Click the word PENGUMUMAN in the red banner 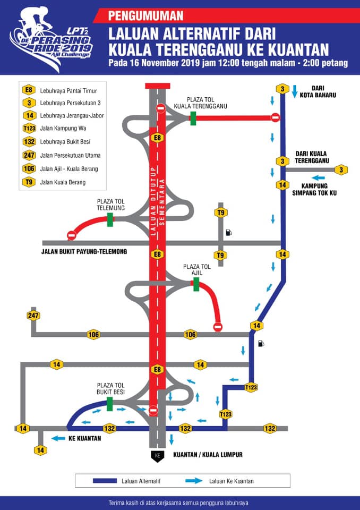145,15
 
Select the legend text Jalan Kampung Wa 63,129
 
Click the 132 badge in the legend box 29,142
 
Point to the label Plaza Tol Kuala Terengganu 200,103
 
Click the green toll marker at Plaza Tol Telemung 110,219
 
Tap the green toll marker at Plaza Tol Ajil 196,284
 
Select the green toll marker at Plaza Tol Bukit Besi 109,404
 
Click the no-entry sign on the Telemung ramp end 71,235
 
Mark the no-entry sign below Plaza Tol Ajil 218,327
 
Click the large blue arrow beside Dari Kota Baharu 295,91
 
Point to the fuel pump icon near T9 229,232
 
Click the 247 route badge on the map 33,316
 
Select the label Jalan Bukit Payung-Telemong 84,251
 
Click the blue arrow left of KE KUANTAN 58,438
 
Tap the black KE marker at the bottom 157,456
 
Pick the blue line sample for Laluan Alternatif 105,481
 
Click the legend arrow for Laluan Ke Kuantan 194,481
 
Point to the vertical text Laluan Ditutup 153,201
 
